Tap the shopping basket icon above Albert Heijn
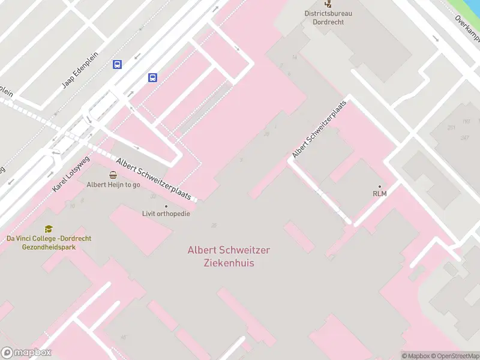click(113, 175)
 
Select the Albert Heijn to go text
click(113, 185)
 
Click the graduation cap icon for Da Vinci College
click(49, 229)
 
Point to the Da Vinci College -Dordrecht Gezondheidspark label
click(49, 242)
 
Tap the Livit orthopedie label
click(166, 214)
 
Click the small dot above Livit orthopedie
click(166, 205)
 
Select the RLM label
click(379, 193)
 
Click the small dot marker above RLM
click(379, 185)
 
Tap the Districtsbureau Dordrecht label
click(328, 17)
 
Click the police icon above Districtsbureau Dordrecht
click(328, 4)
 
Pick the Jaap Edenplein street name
click(81, 69)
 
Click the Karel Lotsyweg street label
click(71, 173)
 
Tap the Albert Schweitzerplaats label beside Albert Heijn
click(154, 179)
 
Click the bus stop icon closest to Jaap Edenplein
click(118, 65)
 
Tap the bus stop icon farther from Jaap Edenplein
click(153, 77)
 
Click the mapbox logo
click(26, 353)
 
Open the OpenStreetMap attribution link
click(455, 356)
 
